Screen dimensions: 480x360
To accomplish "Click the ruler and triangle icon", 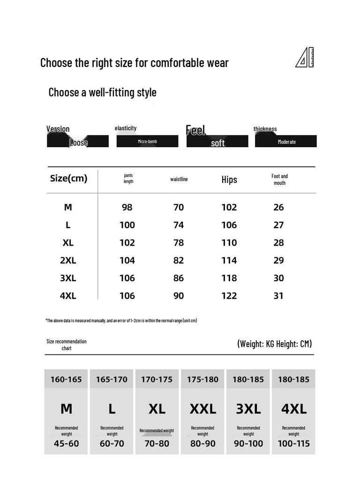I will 305,58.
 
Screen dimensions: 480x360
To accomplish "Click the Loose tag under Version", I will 78,142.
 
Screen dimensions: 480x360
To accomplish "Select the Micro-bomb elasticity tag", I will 147,141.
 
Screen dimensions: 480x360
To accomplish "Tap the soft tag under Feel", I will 217,142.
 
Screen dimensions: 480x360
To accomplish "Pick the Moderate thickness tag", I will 286,142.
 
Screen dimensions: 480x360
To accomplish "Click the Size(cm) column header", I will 68,179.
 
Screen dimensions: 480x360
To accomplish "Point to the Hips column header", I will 229,180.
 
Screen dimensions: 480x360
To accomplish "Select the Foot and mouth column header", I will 279,180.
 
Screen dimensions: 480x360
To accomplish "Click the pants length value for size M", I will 127,207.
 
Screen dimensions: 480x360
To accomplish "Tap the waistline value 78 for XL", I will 179,243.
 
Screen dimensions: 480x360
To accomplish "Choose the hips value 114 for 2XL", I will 229,261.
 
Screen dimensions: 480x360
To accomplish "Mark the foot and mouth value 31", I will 278,296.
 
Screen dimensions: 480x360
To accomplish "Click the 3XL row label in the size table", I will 68,278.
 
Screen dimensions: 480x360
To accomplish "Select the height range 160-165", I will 66,380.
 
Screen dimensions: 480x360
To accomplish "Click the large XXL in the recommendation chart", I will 203,409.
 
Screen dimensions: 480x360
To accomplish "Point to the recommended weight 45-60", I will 66,443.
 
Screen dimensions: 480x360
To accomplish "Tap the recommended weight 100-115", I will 293,443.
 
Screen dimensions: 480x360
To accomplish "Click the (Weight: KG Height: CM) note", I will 274,344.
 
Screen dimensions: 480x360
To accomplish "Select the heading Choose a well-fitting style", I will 102,92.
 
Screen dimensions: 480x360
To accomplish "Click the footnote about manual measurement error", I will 121,321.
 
